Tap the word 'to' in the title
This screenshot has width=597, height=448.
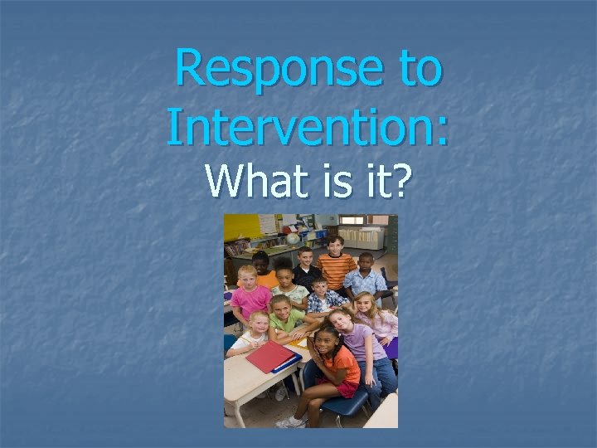tap(420, 69)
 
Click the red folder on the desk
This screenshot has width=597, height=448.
tap(269, 357)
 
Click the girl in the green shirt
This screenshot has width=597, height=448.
tap(286, 319)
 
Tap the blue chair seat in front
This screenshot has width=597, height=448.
tap(344, 402)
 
